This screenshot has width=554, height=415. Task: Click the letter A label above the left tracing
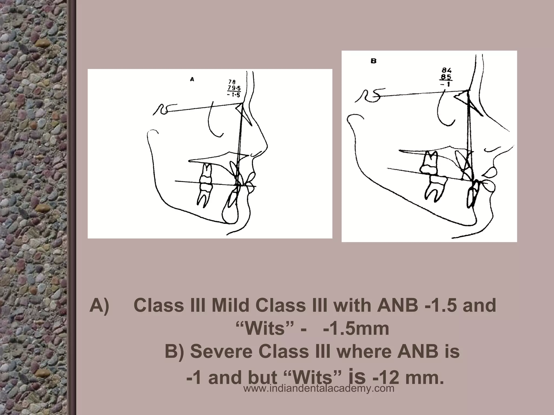192,79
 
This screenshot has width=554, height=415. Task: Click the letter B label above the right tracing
374,61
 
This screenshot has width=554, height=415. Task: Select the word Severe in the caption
222,352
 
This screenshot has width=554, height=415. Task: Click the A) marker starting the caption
99,306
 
